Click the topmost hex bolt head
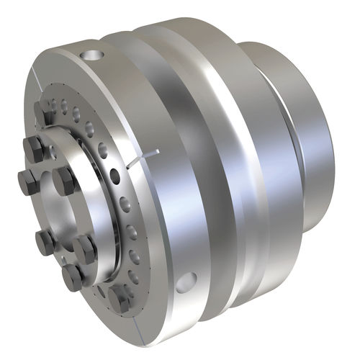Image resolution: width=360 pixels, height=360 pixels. (44, 112)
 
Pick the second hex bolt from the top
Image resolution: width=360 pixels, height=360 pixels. (34, 149)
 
